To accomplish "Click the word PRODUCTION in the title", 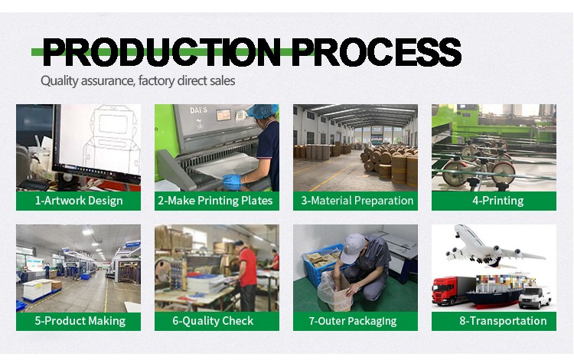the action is click(x=161, y=52).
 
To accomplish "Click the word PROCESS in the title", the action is click(x=377, y=52).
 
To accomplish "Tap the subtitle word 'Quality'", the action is click(x=59, y=81).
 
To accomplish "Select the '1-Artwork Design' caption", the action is click(x=79, y=201).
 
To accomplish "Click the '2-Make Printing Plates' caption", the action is click(x=215, y=201).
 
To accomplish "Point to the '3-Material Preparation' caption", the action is click(x=357, y=201).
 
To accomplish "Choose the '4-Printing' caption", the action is click(x=498, y=201).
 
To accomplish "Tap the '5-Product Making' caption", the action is click(x=80, y=321).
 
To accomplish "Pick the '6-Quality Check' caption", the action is click(x=213, y=321).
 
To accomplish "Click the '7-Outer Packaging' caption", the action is click(x=353, y=321).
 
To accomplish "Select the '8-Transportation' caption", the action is click(x=503, y=321).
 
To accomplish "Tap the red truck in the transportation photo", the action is click(x=448, y=290).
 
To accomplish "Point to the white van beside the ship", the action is click(x=535, y=297).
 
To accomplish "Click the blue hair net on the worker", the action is click(x=262, y=111).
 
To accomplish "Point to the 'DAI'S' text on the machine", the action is click(x=198, y=110).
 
